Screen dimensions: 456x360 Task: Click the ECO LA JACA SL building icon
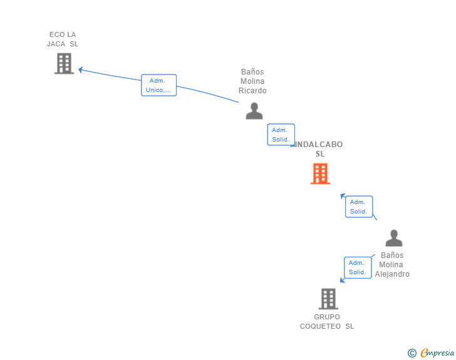click(64, 63)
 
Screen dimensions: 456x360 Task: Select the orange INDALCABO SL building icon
click(320, 173)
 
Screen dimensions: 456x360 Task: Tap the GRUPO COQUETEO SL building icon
click(328, 299)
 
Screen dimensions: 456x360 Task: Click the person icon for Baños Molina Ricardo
click(254, 111)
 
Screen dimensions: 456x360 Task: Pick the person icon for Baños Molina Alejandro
click(394, 238)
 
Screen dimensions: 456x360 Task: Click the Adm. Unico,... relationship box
click(159, 85)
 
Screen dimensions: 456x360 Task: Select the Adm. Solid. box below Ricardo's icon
click(281, 135)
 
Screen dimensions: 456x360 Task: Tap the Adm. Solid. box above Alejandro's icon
click(359, 207)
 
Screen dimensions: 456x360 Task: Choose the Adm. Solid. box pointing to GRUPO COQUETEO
click(358, 267)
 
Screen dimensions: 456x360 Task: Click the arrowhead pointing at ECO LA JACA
click(81, 69)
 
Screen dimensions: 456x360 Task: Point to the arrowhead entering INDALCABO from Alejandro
click(343, 196)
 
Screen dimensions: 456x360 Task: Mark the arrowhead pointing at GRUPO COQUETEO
click(342, 280)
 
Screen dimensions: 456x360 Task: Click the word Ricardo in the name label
click(252, 91)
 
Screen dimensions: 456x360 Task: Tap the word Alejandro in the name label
click(392, 274)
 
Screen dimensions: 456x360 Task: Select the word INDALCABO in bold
click(319, 145)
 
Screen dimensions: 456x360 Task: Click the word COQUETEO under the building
click(320, 326)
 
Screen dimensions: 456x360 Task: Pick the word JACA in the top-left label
click(56, 44)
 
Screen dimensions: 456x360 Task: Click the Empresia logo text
click(437, 353)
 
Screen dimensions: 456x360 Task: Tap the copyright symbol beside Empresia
click(412, 353)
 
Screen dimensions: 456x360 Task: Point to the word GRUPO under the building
click(327, 317)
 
